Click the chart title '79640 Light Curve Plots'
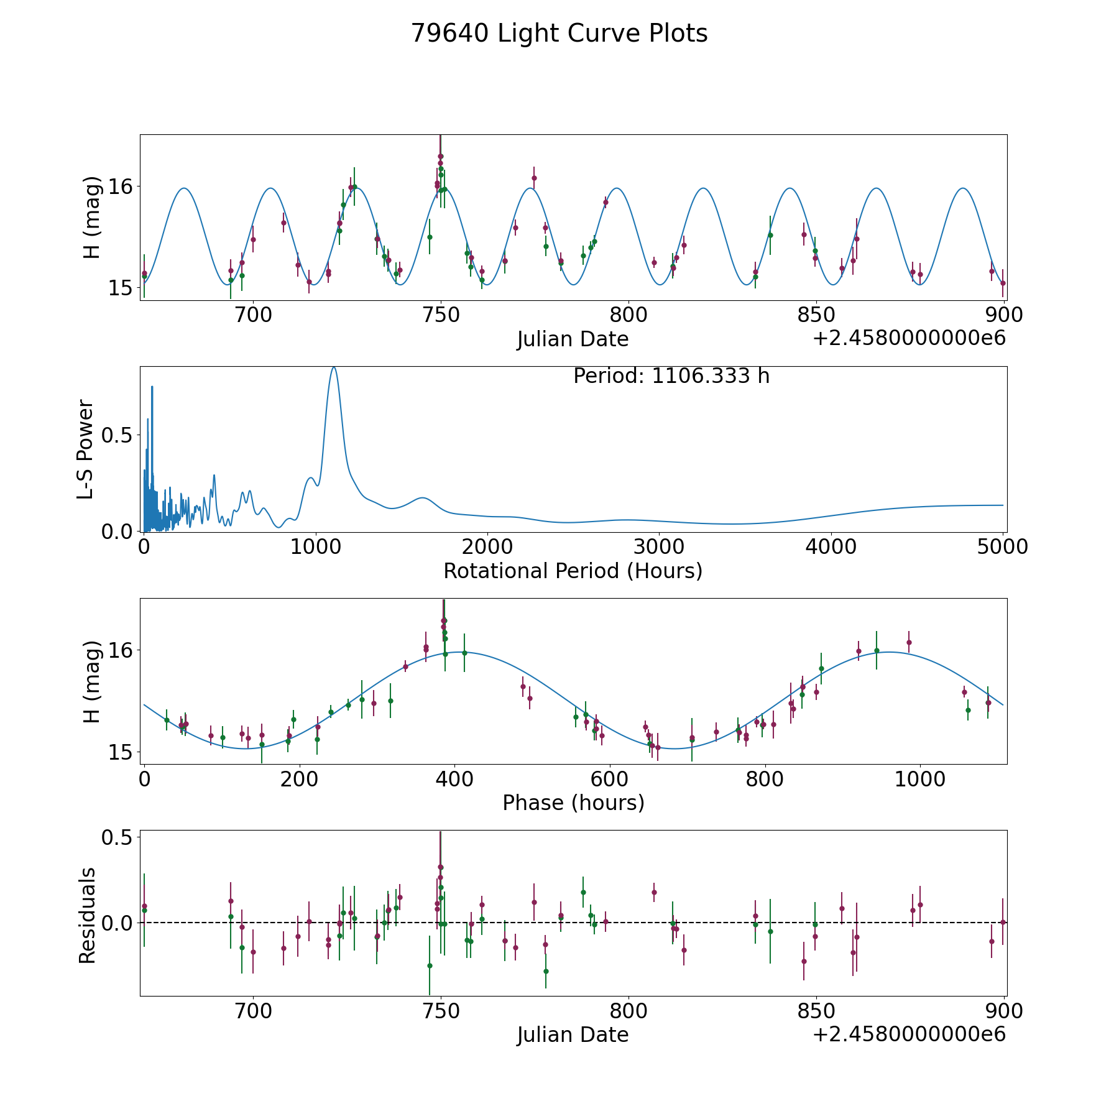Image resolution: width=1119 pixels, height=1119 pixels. [x=559, y=34]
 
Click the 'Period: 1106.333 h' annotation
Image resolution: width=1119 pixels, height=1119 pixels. [x=671, y=376]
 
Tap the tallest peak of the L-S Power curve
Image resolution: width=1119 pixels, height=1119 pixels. [x=334, y=368]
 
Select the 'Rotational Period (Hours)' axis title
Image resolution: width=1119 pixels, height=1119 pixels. [x=573, y=571]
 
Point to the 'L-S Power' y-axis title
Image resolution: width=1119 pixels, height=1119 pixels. [x=86, y=449]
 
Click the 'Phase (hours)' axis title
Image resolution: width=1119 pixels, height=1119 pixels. [x=573, y=803]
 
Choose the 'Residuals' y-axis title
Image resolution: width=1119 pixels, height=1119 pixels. [x=87, y=915]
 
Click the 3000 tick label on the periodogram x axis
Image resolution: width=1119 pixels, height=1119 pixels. [x=659, y=547]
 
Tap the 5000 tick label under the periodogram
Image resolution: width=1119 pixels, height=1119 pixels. [x=1002, y=547]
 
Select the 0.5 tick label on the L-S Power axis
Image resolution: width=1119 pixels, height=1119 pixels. [x=118, y=435]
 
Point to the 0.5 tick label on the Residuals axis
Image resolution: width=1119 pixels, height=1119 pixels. [x=118, y=837]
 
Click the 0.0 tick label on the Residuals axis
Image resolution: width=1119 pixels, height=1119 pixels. [x=118, y=923]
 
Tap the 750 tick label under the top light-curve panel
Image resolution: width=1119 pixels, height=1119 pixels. [x=441, y=315]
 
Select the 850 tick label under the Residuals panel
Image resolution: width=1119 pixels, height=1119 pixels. [x=815, y=1011]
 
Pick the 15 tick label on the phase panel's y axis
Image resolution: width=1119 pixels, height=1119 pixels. [x=118, y=753]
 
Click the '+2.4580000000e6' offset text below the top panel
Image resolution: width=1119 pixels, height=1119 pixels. [x=909, y=339]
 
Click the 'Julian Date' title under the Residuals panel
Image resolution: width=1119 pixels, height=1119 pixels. [x=573, y=1035]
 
